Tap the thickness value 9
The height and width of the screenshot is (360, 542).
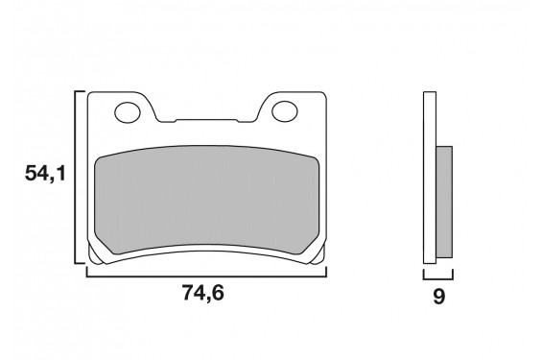tap(438, 297)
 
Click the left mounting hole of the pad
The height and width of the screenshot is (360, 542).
tap(127, 113)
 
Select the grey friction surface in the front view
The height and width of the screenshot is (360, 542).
tap(206, 198)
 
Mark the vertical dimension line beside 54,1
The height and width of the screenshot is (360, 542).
tap(76, 177)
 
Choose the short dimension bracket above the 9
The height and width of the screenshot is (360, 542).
tap(437, 276)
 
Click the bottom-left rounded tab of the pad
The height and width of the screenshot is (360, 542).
tap(95, 254)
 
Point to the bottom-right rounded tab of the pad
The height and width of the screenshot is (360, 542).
tap(317, 254)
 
